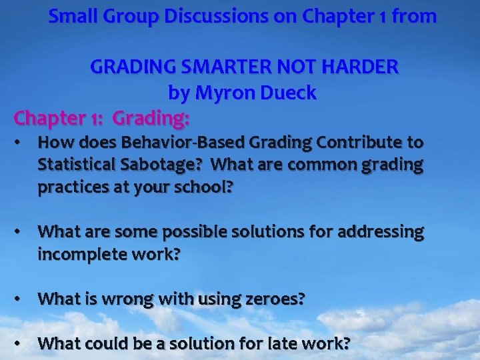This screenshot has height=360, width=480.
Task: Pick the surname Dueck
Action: pos(289,93)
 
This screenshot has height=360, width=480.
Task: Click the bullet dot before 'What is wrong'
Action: pos(22,299)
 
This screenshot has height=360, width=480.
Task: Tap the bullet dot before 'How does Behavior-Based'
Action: pos(22,142)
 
